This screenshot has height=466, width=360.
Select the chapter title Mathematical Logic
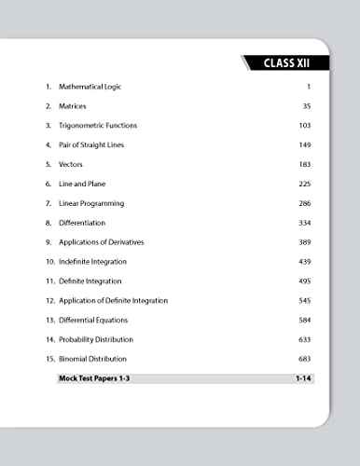(x=90, y=87)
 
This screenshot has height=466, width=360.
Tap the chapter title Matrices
(x=74, y=106)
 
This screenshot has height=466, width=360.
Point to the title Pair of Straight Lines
(x=90, y=145)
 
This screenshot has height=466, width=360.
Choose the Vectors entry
(x=71, y=164)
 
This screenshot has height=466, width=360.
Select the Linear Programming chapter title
(x=90, y=203)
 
